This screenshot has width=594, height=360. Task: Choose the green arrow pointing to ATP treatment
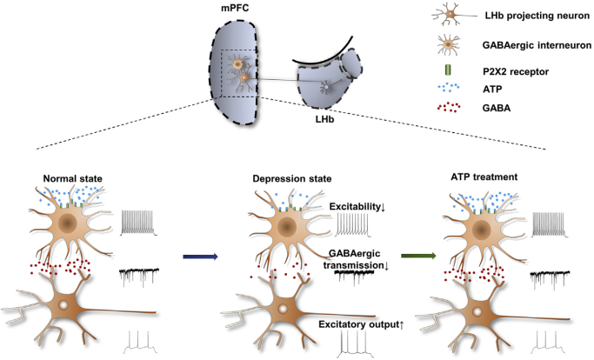coord(409,256)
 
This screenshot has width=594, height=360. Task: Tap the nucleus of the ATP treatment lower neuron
coord(479,310)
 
